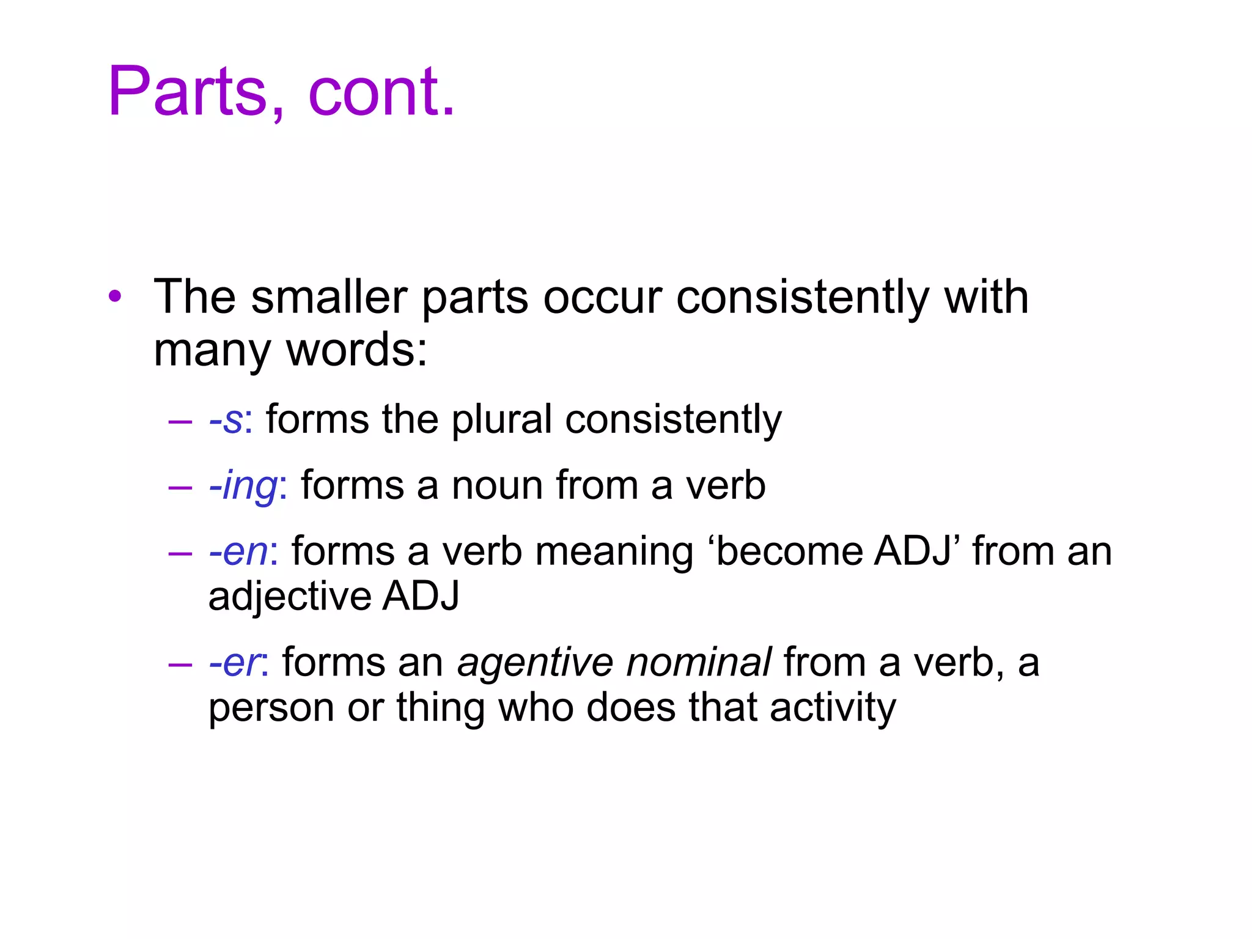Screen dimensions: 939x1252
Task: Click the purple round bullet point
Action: pyautogui.click(x=114, y=297)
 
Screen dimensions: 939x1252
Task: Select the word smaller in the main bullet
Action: pyautogui.click(x=329, y=297)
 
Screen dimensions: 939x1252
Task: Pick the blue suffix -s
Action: pyautogui.click(x=226, y=420)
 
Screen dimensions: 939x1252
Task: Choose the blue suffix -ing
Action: pyautogui.click(x=243, y=486)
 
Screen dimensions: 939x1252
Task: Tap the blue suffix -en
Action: pyautogui.click(x=238, y=551)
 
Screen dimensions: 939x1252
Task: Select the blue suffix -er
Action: pyautogui.click(x=234, y=663)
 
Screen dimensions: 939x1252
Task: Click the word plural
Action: pyautogui.click(x=502, y=420)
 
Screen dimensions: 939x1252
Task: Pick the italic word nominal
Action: pyautogui.click(x=699, y=663)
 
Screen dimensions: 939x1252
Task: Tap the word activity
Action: pyautogui.click(x=833, y=709)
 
